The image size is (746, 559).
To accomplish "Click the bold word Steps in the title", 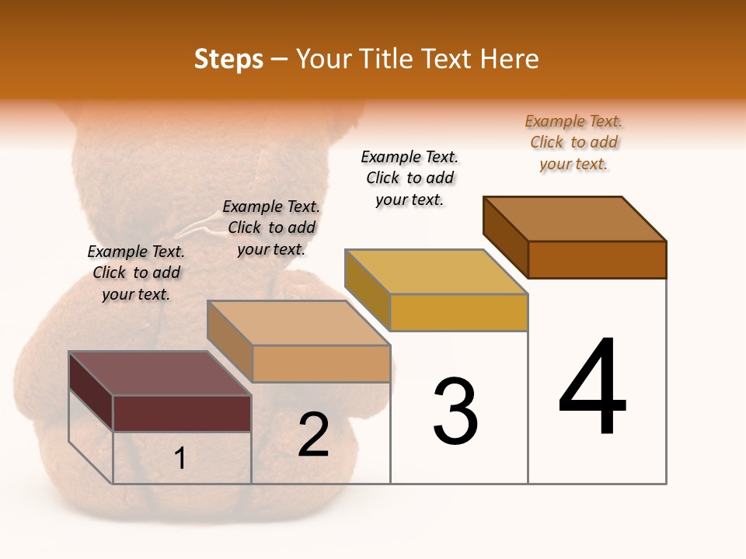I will pos(228,59).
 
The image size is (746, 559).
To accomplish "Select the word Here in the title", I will pos(510,59).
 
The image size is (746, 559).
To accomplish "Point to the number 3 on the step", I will pos(455,411).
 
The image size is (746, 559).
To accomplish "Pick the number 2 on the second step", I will pos(313,435).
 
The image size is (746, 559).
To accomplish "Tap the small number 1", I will pos(180,458).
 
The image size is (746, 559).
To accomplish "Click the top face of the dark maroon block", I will pos(159,373).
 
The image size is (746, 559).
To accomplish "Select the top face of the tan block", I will pos(298,322).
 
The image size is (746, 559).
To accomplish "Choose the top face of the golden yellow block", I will pos(436,272).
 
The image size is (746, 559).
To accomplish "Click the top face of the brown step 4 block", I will pos(574,218).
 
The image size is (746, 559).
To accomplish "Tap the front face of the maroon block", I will pos(182,413).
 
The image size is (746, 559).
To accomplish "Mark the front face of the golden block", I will pos(458,312).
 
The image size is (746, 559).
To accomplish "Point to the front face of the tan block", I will pos(321,363).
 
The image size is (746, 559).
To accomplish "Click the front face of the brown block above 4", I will pos(597,259).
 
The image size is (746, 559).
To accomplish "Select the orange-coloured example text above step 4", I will pos(573,142).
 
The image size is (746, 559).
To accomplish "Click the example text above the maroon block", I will pos(136,273).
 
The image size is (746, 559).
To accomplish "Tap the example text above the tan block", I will pos(271,227).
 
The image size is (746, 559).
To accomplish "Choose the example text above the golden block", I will pos(410,178).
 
